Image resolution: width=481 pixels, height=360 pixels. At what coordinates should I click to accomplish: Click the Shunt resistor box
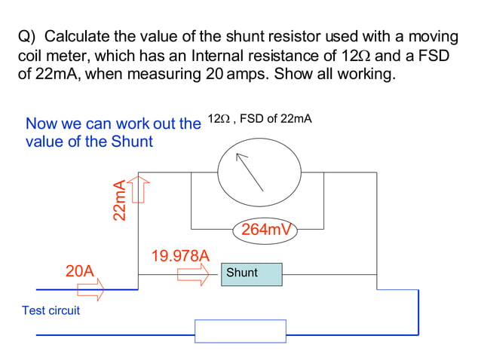[251, 274]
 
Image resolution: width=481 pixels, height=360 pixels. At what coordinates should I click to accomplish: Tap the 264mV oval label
[265, 230]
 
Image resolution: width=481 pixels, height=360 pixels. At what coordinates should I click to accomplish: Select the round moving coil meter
[257, 175]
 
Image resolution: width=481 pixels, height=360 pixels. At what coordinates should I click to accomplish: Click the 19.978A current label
[180, 255]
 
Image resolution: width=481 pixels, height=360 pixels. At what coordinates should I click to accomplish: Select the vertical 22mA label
[119, 200]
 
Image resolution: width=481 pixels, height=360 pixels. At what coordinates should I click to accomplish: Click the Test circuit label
[51, 310]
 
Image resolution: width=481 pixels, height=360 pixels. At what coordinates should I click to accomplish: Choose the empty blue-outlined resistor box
[240, 331]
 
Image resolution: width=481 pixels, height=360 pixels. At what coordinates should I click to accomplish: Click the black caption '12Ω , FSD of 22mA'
[259, 119]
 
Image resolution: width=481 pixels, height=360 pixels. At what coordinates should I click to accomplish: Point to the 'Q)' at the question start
[27, 36]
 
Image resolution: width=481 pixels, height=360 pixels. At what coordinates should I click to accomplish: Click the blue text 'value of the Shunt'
[89, 142]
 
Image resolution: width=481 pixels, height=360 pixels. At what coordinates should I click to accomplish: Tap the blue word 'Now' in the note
[41, 124]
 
